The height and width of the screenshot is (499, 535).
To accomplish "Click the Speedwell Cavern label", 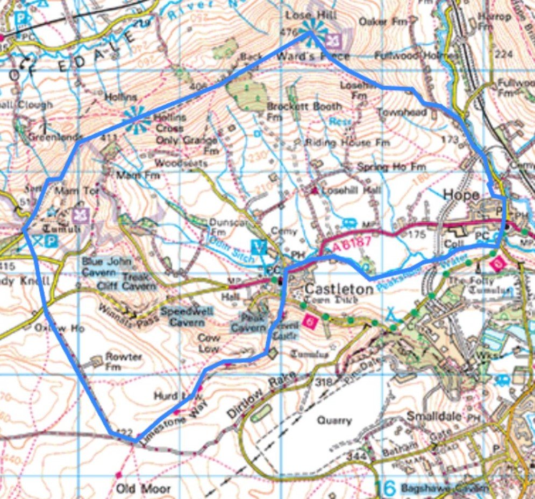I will click(x=187, y=317).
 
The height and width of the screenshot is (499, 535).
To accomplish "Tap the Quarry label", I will click(x=334, y=420).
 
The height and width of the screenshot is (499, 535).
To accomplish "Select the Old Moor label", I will click(x=144, y=489).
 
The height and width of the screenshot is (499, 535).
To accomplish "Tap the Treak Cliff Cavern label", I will click(x=139, y=282).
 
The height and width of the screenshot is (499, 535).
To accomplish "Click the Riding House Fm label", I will click(x=347, y=143).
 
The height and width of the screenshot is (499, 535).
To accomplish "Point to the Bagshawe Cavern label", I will click(x=445, y=489).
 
